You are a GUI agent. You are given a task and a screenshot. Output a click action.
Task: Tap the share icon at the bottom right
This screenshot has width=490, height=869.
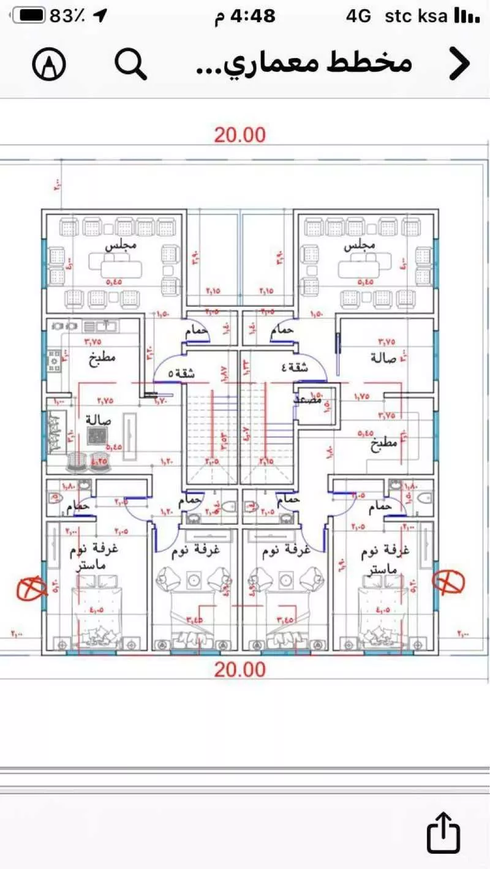[443, 832]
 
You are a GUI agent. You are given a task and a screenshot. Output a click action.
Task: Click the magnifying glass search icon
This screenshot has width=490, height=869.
[131, 64]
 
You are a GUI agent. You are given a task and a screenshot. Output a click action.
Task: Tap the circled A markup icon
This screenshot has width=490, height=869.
[50, 64]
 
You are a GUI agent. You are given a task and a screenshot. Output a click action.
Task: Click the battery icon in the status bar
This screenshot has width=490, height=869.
[30, 16]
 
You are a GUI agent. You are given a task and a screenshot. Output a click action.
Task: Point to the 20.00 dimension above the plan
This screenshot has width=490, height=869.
[239, 135]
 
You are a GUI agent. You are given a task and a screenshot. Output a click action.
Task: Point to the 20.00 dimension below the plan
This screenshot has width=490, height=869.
[239, 669]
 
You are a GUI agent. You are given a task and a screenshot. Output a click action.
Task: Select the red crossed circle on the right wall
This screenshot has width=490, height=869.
[448, 581]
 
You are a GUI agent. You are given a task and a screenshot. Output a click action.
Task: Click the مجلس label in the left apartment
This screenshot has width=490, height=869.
[121, 246]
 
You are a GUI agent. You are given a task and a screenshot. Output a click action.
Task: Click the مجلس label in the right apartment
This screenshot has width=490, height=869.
[360, 246]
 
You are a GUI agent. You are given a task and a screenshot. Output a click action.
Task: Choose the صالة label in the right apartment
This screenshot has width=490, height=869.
[384, 357]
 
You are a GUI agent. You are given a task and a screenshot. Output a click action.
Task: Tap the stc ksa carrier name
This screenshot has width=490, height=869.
[416, 16]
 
